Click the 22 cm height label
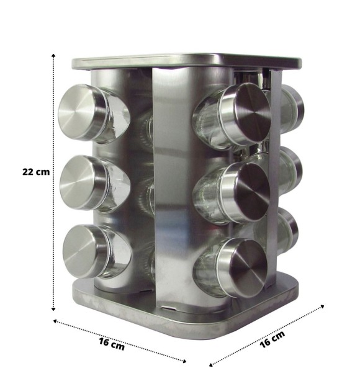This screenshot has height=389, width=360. [x=36, y=172]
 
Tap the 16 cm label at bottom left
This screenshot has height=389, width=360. [x=112, y=344]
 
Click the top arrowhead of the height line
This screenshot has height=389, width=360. [x=53, y=55]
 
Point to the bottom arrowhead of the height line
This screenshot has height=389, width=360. [x=53, y=308]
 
